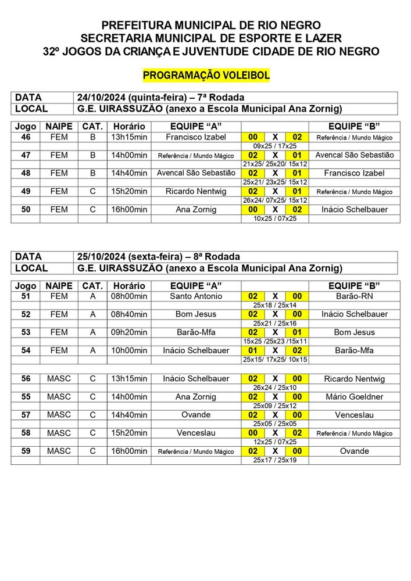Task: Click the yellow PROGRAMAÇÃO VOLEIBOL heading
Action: click(206, 76)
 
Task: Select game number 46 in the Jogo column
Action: click(25, 137)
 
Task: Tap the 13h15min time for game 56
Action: click(129, 379)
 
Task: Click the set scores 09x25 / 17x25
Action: click(275, 146)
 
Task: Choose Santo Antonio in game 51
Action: click(196, 296)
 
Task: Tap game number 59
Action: click(25, 451)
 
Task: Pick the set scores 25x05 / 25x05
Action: click(275, 424)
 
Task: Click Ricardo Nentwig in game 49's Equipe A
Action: click(196, 191)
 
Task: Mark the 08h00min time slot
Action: click(129, 296)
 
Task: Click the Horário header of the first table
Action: click(129, 127)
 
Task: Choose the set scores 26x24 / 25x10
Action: click(275, 388)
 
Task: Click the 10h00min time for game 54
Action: click(129, 350)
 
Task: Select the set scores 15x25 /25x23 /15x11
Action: click(275, 341)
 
